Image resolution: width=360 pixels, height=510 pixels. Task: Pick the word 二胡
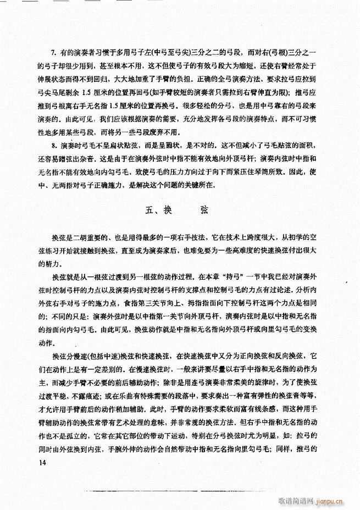point(77,235)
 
